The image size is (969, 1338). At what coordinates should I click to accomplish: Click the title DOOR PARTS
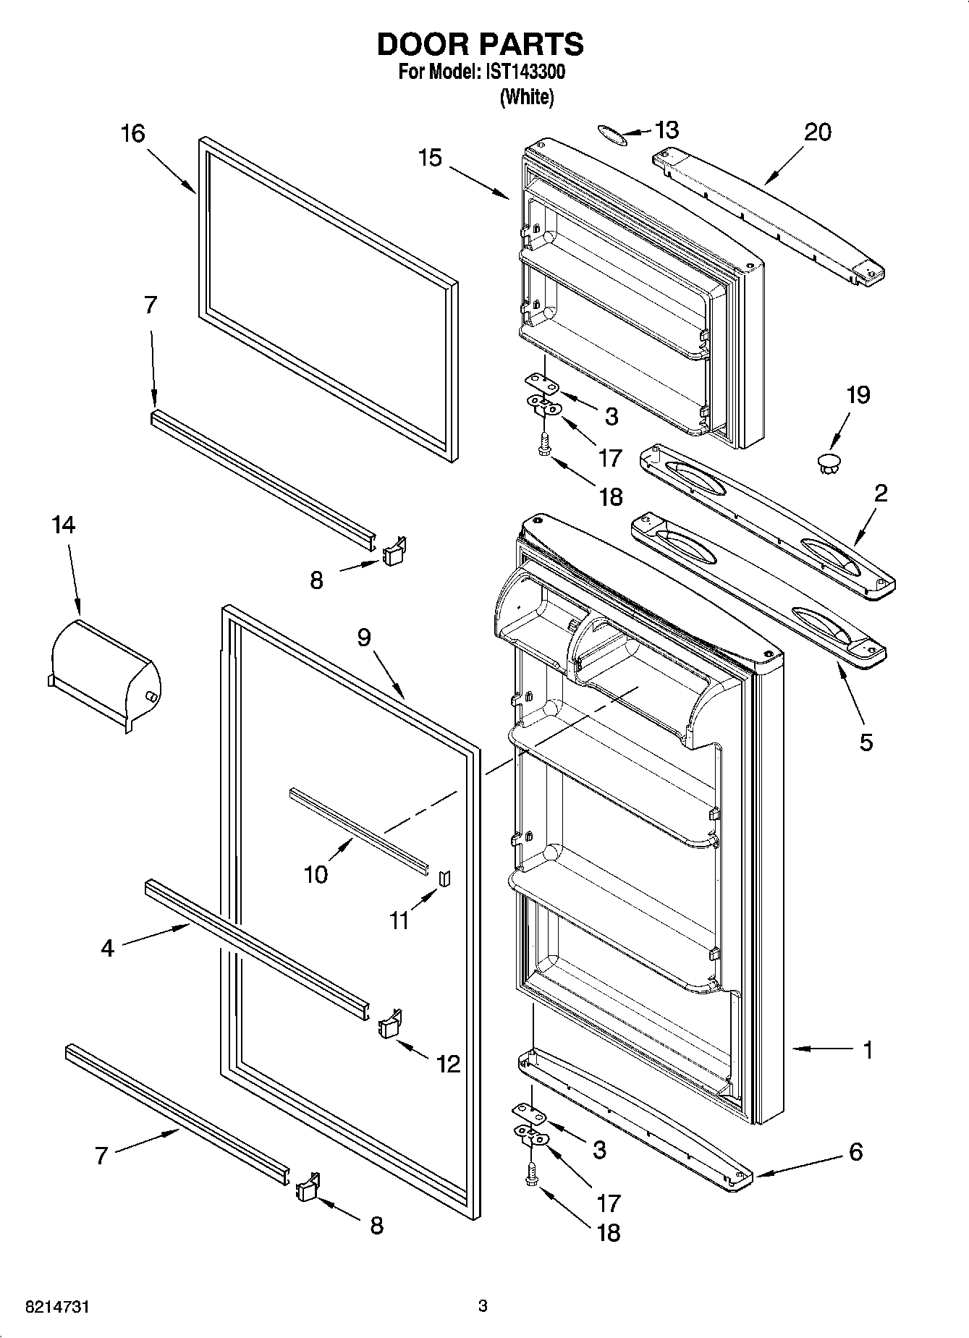point(480,45)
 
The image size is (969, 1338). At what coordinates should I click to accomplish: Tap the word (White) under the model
point(526,97)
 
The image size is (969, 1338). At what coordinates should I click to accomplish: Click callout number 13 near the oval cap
point(667,130)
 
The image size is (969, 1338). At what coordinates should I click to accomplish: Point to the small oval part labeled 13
point(611,134)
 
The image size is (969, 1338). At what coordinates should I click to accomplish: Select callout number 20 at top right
point(818,132)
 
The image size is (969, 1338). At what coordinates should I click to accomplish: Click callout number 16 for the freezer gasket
point(133,133)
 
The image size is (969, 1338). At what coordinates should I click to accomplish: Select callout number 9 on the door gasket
point(363,637)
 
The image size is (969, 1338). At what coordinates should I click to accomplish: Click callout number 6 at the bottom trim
point(855,1151)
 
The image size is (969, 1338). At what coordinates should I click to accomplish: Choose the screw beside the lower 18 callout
point(533,1174)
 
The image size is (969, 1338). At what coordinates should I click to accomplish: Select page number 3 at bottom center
point(483,1306)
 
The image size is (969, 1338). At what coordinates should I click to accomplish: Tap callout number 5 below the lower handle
point(866,742)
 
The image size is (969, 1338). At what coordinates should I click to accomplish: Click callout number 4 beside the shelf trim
point(108,948)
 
